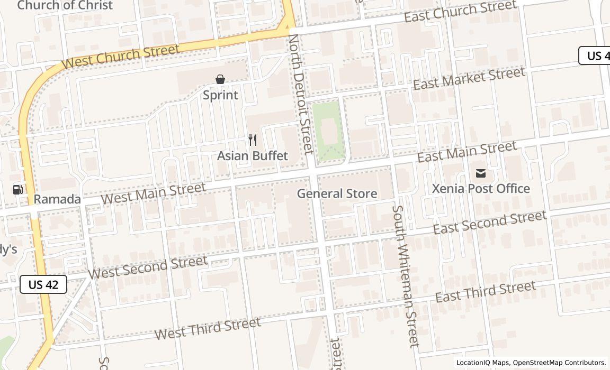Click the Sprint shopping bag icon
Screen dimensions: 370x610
click(x=220, y=80)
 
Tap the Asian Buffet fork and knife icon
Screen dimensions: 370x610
click(x=253, y=140)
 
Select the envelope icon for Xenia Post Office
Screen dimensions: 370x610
click(x=481, y=173)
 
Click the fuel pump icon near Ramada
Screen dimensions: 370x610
click(x=18, y=189)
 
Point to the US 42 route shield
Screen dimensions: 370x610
click(x=43, y=284)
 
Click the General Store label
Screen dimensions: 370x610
click(x=337, y=193)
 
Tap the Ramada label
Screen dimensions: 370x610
click(x=57, y=199)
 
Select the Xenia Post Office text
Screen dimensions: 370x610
click(x=481, y=189)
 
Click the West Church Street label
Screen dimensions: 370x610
click(x=120, y=57)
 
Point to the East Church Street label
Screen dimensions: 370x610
click(x=460, y=12)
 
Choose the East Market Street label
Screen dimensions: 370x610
click(x=469, y=78)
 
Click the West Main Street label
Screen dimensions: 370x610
click(x=154, y=193)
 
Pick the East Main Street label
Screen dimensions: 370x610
click(x=467, y=152)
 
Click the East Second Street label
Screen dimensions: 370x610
click(x=489, y=222)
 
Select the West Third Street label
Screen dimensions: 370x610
click(x=208, y=328)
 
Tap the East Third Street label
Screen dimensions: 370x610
click(x=485, y=292)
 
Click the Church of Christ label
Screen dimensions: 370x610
click(x=65, y=5)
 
